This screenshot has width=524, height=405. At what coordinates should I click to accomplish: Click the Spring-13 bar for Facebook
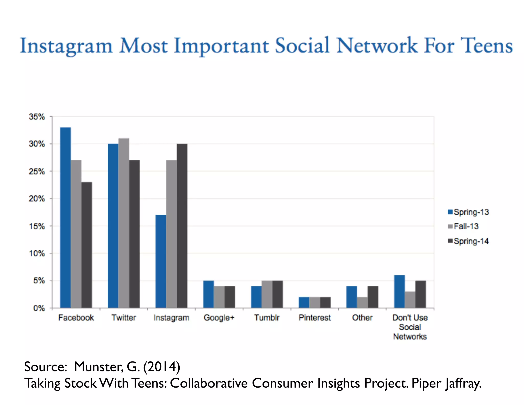click(65, 218)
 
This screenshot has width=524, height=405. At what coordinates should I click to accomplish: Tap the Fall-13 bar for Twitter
click(124, 223)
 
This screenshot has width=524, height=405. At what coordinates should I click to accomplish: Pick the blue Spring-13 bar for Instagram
click(161, 261)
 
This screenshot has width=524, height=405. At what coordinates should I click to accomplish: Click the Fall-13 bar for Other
click(362, 302)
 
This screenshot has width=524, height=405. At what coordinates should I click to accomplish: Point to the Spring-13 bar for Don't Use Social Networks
click(399, 292)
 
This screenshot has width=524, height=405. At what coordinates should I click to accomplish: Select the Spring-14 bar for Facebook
click(87, 245)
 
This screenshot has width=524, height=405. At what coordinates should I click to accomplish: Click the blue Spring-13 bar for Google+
click(209, 294)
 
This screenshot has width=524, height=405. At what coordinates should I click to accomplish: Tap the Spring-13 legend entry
click(468, 212)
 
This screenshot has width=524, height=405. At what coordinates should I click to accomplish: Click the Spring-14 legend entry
click(468, 241)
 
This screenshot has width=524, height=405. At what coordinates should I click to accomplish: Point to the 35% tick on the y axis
click(37, 117)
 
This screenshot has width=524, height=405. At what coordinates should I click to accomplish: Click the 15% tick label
click(37, 226)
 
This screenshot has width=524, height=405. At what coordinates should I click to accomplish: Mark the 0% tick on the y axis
click(39, 308)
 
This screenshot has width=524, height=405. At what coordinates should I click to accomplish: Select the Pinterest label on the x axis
click(314, 318)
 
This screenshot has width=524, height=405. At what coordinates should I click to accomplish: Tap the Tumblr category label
click(267, 318)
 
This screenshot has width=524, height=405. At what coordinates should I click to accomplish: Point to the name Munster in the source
click(99, 367)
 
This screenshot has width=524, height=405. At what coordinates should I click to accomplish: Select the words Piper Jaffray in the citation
click(446, 383)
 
